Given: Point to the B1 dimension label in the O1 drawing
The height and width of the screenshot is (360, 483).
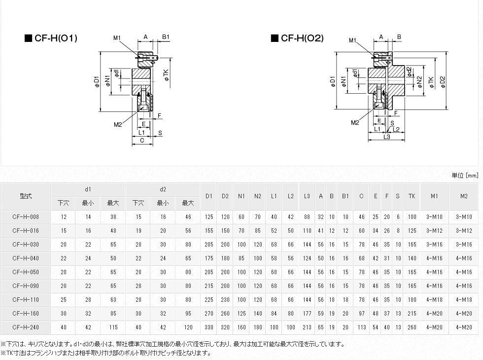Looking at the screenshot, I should (166, 37).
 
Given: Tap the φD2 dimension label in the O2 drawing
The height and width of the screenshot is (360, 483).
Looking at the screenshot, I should (443, 81).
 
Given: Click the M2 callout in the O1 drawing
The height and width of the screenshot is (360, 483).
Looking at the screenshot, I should (117, 125).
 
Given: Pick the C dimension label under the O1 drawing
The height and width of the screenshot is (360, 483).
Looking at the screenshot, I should (142, 141).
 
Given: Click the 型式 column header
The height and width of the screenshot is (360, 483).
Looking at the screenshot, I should (26, 196).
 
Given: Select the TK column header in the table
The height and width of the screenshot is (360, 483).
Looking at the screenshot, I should (412, 196).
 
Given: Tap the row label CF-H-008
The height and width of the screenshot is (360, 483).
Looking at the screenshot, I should (26, 216).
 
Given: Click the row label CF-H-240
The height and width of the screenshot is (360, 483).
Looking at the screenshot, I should (26, 327).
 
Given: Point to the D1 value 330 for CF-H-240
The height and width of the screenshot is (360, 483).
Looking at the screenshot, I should (209, 327).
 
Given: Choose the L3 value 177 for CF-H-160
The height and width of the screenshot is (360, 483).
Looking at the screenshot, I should (307, 313).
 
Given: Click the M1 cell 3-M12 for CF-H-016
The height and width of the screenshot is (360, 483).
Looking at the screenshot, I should (434, 230).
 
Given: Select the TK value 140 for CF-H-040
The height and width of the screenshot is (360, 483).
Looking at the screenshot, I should (412, 258).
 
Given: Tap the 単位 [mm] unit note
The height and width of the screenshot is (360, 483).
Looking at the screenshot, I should (465, 175).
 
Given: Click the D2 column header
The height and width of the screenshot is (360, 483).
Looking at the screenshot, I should (225, 196).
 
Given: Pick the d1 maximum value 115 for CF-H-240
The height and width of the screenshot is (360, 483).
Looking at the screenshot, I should (113, 327).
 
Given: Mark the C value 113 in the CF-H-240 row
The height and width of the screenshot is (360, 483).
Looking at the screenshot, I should (361, 327).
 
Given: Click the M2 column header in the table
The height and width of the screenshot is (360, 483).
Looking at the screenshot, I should (464, 196).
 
